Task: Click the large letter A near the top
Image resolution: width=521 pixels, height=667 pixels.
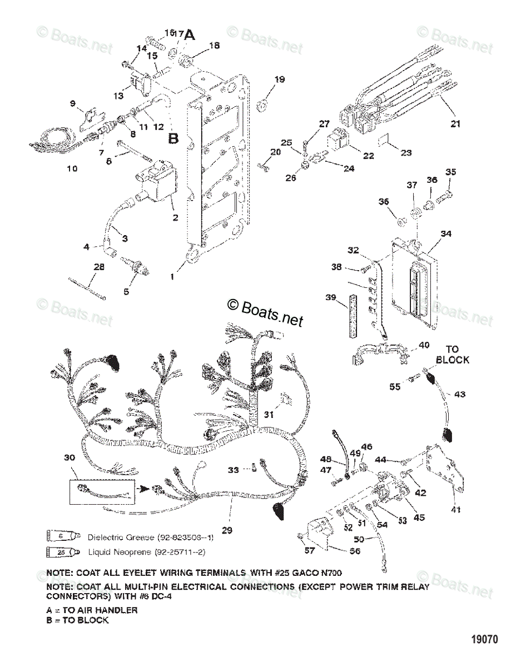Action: pos(190,35)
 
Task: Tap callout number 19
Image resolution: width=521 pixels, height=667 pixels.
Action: pos(279,79)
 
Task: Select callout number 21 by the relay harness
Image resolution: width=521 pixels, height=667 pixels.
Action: pos(455,124)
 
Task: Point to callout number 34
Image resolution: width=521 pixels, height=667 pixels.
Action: pos(446,234)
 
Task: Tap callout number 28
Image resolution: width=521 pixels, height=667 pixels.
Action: pos(99,268)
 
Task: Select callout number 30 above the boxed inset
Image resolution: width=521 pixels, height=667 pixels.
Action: pos(69,457)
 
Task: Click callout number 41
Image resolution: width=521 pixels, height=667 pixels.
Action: pos(455,509)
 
